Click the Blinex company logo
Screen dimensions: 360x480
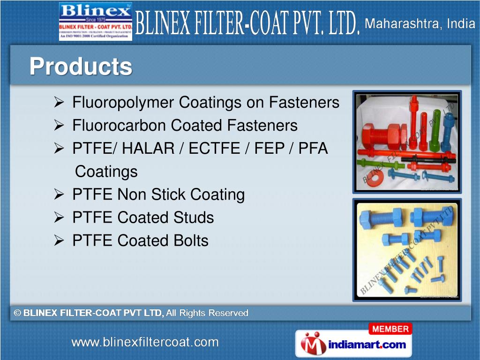tap(96, 21)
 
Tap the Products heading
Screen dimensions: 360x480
tap(81, 66)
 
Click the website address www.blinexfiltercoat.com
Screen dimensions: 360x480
tap(145, 342)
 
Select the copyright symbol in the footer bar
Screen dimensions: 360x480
tap(18, 313)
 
